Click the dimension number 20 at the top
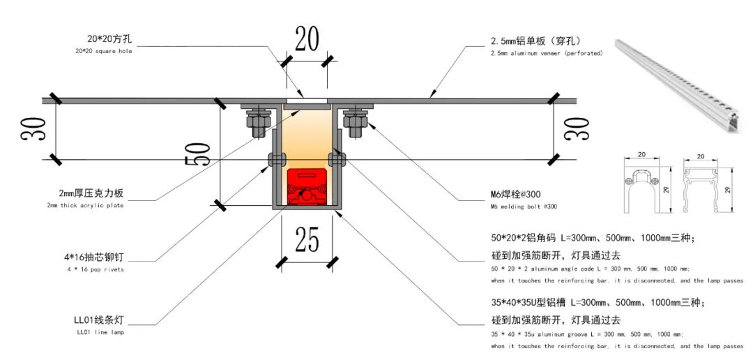pyautogui.click(x=306, y=40)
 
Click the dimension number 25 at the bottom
pyautogui.click(x=307, y=239)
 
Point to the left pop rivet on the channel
pyautogui.click(x=274, y=160)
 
